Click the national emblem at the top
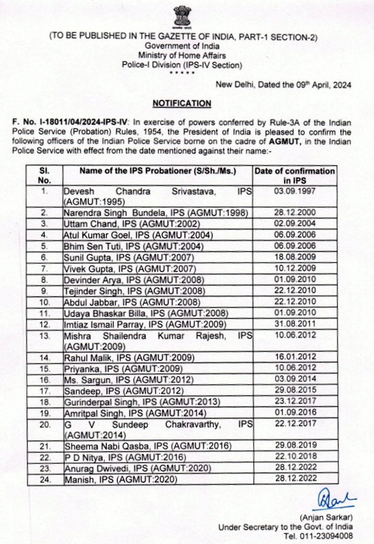[182, 17]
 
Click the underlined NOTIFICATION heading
[182, 103]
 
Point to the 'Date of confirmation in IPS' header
[295, 175]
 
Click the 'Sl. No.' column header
[44, 175]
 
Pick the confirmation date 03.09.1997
[295, 191]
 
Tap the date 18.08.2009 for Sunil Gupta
[295, 257]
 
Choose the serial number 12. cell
[44, 324]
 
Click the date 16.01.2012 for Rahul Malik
[295, 357]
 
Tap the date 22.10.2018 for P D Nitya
[296, 456]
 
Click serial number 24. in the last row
[45, 480]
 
